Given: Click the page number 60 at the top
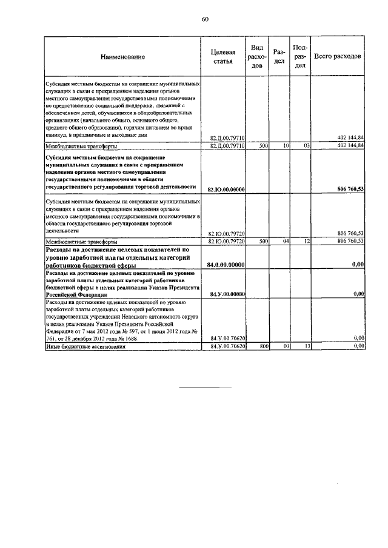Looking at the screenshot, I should tap(205, 19).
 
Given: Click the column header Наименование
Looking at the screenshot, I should tap(123, 56).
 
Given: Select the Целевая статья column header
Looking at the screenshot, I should tap(223, 56).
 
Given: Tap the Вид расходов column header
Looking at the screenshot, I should tap(256, 56).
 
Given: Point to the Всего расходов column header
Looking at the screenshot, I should tap(338, 56).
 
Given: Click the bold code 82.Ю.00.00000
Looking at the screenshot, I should tap(226, 190).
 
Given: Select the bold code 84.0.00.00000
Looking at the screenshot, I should tap(226, 265).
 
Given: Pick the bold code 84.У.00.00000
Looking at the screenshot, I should tap(226, 294).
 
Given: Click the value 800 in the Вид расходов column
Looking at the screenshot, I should tap(264, 346).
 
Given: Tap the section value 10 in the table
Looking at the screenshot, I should tap(286, 146).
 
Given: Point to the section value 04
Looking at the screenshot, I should tap(286, 241).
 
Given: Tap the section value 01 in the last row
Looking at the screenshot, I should tap(286, 346).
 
